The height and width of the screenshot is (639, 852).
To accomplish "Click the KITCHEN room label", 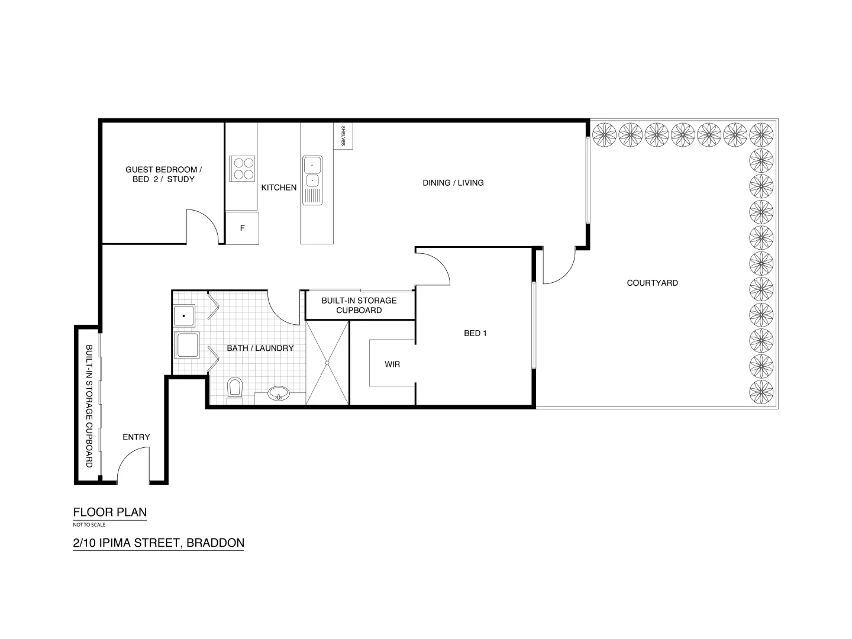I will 279,188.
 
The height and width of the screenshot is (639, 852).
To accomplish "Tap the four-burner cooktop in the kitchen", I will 242,167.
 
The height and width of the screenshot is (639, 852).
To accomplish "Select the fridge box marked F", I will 242,228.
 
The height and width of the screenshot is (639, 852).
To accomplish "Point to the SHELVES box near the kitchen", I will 343,136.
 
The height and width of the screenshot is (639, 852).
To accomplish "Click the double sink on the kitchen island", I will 312,172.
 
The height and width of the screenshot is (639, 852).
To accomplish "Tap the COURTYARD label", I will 652,283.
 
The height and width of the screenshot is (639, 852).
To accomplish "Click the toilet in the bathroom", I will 235,390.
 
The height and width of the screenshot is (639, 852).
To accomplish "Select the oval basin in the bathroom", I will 278,393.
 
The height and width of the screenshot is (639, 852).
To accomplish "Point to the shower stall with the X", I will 327,363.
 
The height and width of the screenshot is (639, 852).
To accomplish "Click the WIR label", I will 392,364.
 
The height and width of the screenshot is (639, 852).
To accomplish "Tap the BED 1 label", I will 475,333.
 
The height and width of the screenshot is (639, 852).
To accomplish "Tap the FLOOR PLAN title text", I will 109,512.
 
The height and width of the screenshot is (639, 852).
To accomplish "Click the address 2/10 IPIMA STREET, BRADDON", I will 158,543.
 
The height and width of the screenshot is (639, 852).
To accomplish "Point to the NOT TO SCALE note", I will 89,525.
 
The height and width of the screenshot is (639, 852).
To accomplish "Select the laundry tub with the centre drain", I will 185,316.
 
